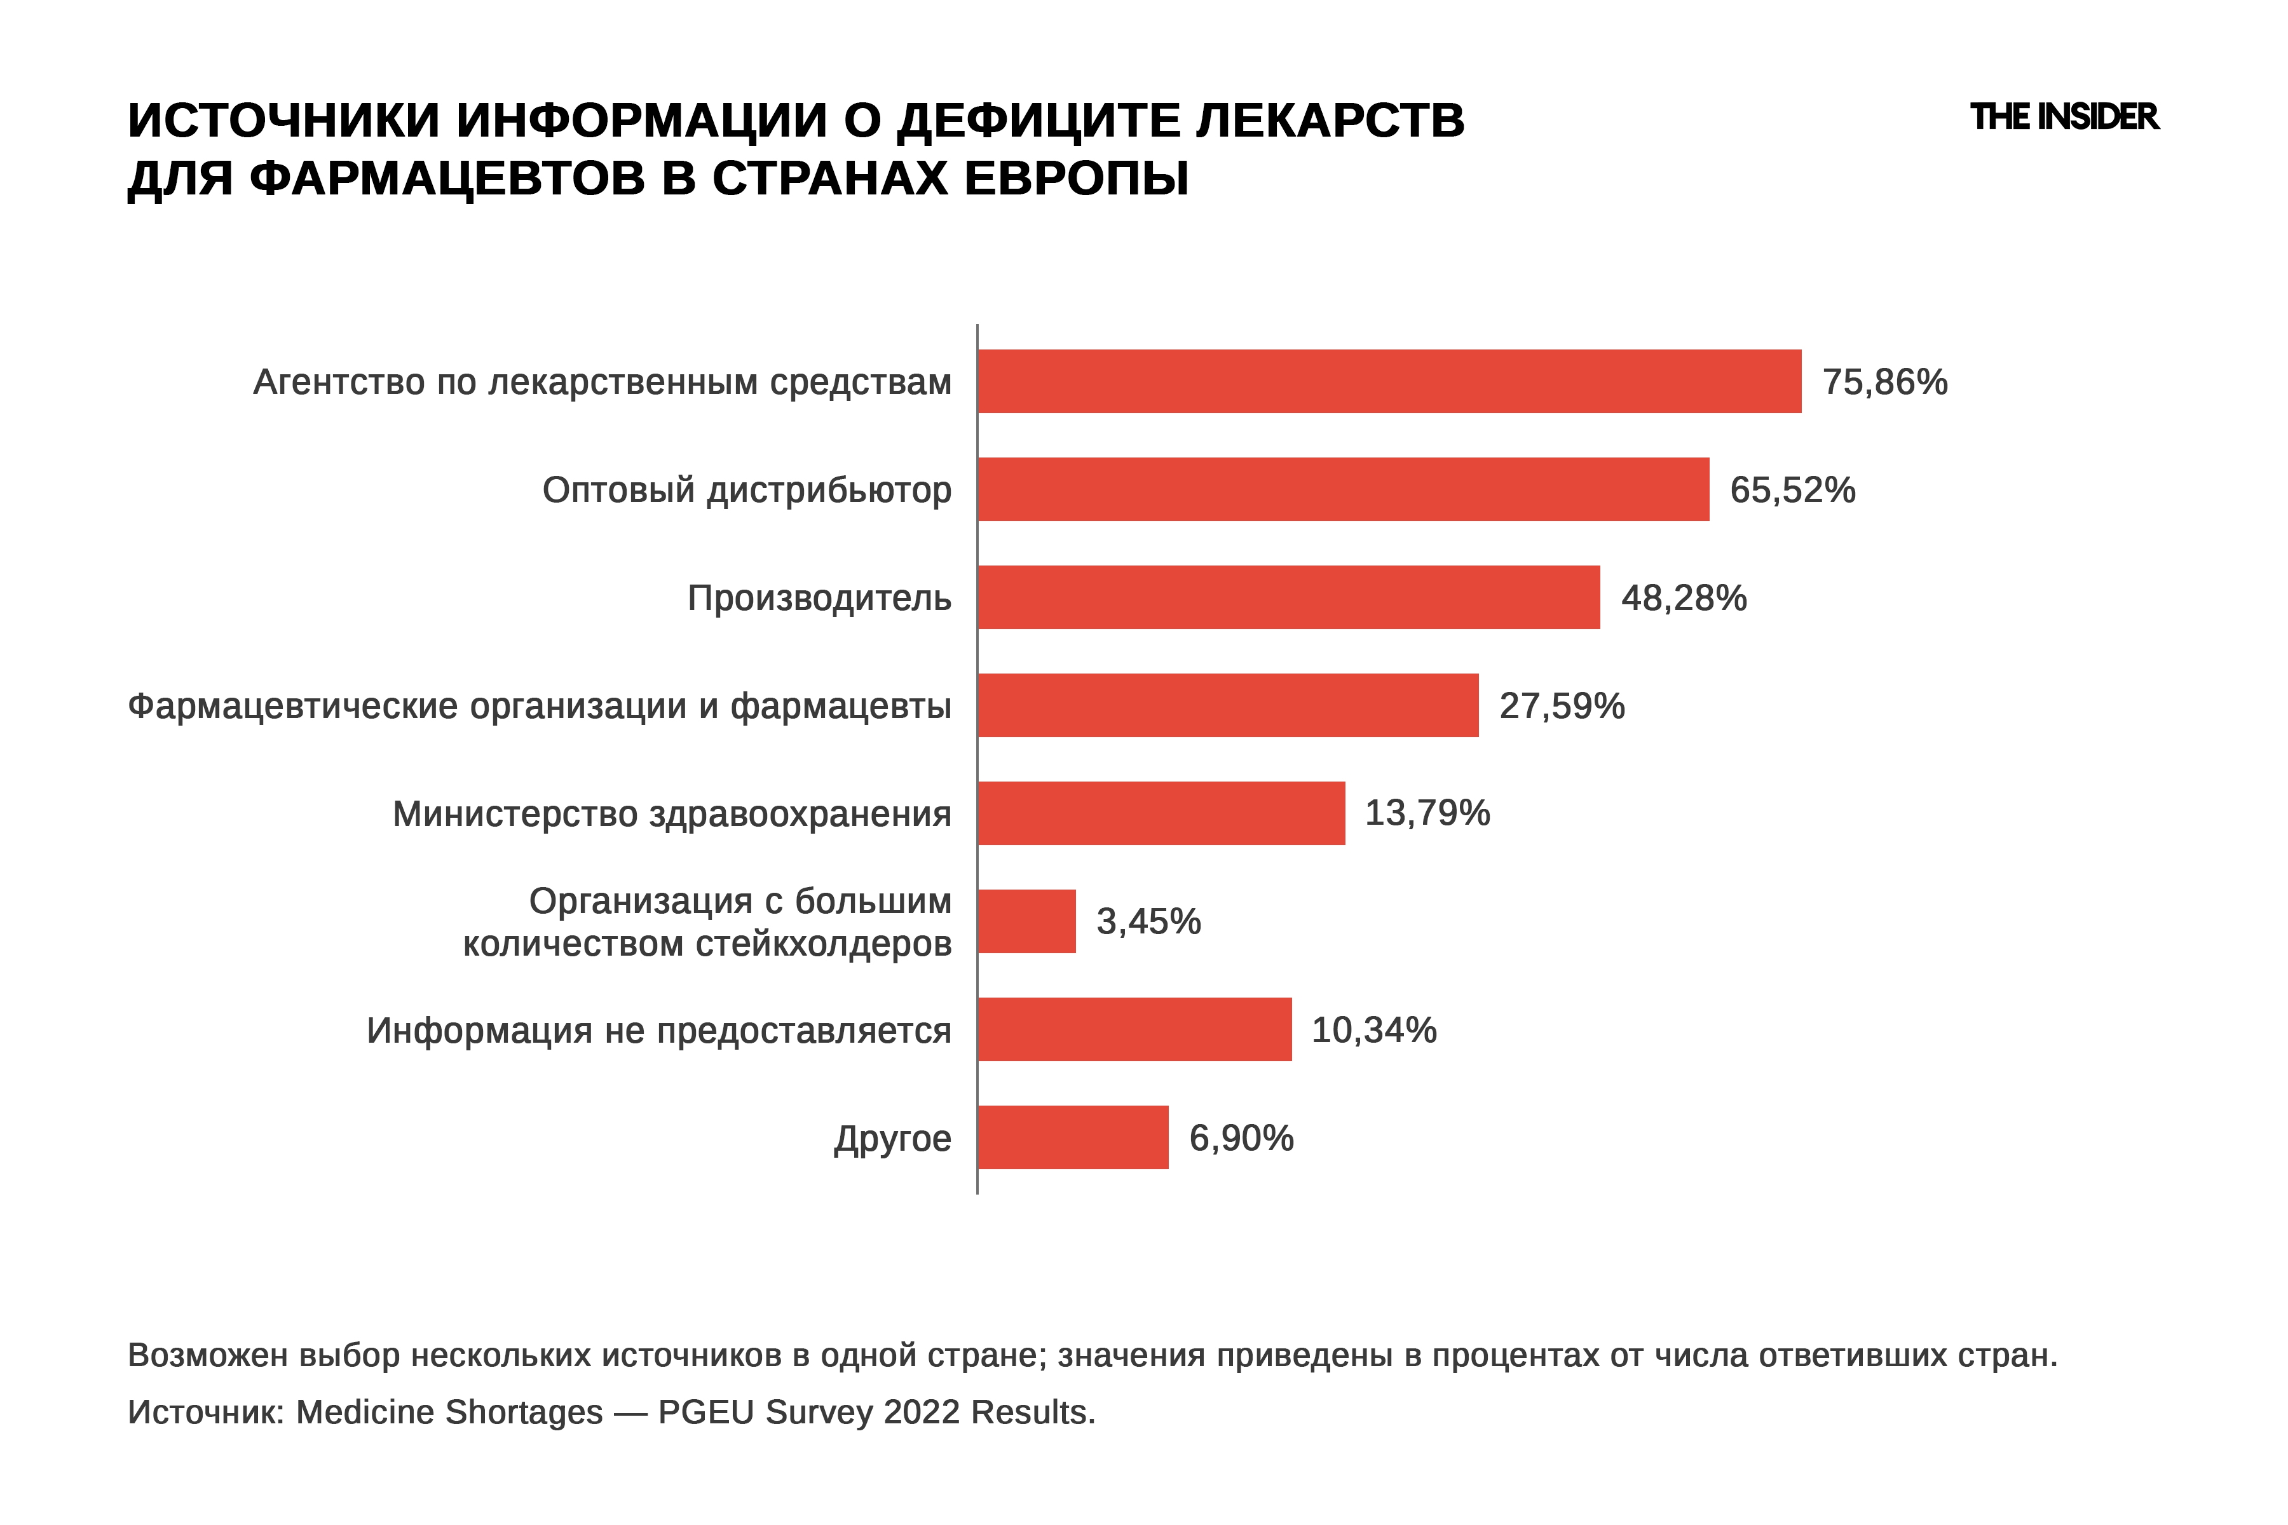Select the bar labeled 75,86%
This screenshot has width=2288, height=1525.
[1389, 381]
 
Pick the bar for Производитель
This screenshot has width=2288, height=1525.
[1289, 597]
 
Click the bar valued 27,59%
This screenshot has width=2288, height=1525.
[1228, 705]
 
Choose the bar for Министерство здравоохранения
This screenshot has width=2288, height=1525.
[1162, 813]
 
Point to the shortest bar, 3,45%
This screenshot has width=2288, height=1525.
[1027, 921]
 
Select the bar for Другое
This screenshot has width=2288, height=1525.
[1073, 1137]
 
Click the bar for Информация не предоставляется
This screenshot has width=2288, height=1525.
[1135, 1029]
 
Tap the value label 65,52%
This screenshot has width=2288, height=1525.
[1792, 490]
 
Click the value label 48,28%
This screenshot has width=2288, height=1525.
[1684, 598]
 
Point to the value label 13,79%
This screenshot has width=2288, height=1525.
[1427, 813]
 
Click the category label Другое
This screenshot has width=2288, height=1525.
[892, 1139]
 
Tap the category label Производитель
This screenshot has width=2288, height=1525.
[819, 598]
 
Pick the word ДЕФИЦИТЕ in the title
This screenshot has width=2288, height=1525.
[1039, 121]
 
